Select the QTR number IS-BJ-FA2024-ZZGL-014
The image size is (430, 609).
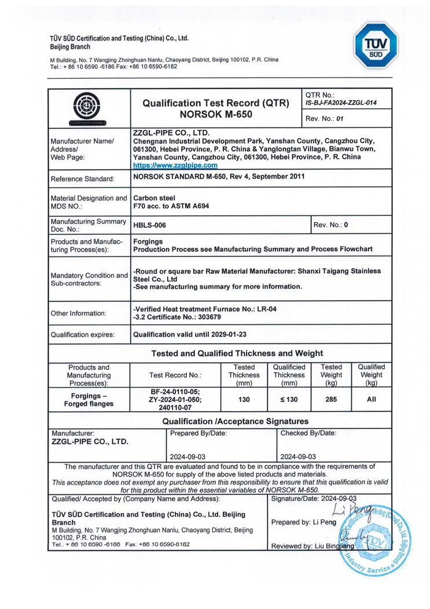click(x=340, y=103)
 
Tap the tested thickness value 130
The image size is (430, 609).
click(x=244, y=399)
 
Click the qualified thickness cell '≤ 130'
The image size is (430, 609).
click(x=289, y=399)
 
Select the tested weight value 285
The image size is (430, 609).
click(x=331, y=399)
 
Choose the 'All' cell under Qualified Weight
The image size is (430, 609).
click(x=372, y=399)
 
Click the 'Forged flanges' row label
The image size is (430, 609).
click(x=88, y=404)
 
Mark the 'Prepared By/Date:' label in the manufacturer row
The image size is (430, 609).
click(x=197, y=433)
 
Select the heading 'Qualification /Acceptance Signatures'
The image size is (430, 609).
click(x=236, y=421)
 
